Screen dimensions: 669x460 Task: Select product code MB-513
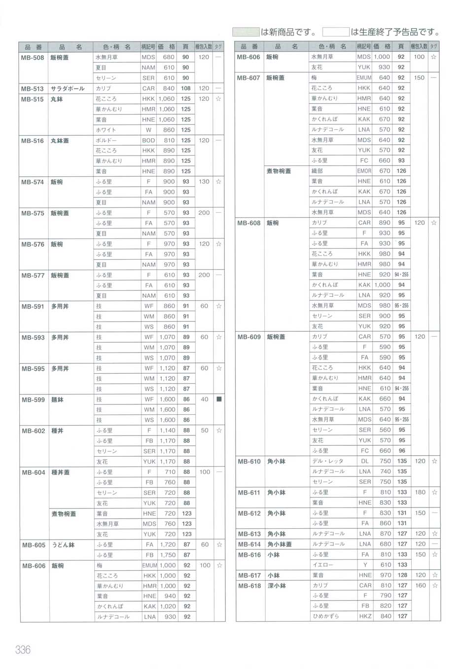(33, 89)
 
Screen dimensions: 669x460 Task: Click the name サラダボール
(68, 89)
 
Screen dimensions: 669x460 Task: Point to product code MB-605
(34, 545)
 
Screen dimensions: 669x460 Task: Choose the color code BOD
(148, 140)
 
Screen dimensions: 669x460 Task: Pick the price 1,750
(168, 555)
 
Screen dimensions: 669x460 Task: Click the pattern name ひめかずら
(325, 616)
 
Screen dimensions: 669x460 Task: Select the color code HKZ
(365, 616)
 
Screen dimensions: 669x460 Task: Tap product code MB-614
(249, 544)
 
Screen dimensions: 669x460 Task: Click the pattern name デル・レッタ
(327, 461)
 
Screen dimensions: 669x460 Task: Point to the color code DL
(365, 461)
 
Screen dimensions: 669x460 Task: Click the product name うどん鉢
(63, 545)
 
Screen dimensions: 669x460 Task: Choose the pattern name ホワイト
(106, 130)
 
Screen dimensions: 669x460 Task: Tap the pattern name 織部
(317, 171)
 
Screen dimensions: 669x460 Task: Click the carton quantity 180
(420, 492)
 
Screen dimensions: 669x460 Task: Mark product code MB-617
(249, 575)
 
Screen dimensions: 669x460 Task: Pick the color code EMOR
(364, 171)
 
